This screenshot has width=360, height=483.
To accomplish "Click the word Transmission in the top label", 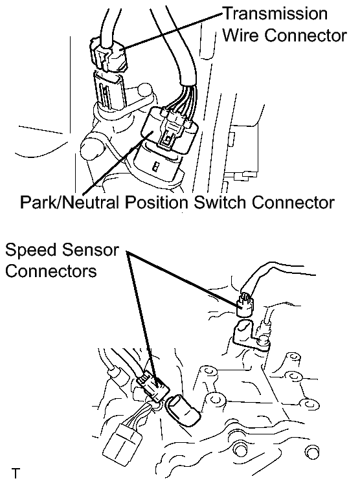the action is (276, 14).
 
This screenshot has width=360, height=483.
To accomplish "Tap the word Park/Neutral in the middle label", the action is (69, 203).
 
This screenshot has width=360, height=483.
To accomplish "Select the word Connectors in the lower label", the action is (51, 271).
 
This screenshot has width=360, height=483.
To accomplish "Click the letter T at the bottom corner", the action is (16, 473).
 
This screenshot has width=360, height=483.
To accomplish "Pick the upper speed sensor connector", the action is (245, 306).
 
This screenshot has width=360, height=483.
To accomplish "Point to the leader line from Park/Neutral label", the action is (118, 162).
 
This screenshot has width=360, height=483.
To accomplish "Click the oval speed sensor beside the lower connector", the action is (183, 410).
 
